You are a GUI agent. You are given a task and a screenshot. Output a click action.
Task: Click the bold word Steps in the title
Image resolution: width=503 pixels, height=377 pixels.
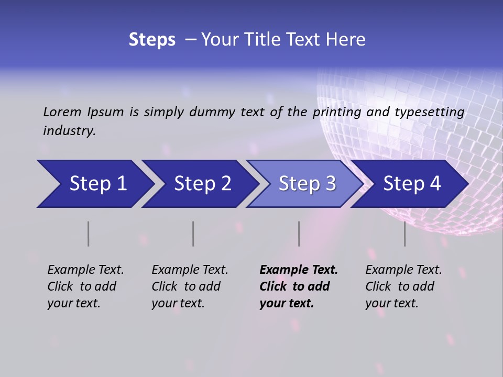tap(152, 40)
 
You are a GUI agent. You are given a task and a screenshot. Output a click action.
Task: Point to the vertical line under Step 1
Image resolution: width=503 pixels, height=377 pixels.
tap(89, 234)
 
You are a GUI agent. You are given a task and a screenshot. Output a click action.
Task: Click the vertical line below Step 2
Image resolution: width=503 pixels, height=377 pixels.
tap(193, 234)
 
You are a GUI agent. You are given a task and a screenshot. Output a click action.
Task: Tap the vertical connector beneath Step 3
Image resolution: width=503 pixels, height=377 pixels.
tap(299, 234)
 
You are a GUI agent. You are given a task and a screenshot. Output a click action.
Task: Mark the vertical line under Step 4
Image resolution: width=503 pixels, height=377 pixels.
tap(405, 234)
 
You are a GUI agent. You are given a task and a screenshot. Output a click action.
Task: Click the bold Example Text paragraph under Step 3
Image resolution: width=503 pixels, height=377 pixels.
tap(299, 286)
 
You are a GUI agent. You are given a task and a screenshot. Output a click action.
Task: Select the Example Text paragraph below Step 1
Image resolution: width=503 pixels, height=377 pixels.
tap(85, 286)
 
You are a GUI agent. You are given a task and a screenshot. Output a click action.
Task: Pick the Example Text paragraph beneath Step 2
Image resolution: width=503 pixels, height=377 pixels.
tap(190, 286)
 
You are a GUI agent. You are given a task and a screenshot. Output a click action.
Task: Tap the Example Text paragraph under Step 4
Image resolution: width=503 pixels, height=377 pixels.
tap(403, 286)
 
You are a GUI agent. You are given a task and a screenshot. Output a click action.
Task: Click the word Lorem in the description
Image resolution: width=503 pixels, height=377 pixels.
tap(62, 112)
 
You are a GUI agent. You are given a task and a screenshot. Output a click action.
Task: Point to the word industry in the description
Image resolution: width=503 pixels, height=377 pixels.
tap(69, 131)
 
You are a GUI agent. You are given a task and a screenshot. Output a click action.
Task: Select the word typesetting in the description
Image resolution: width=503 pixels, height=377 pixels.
tap(429, 112)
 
